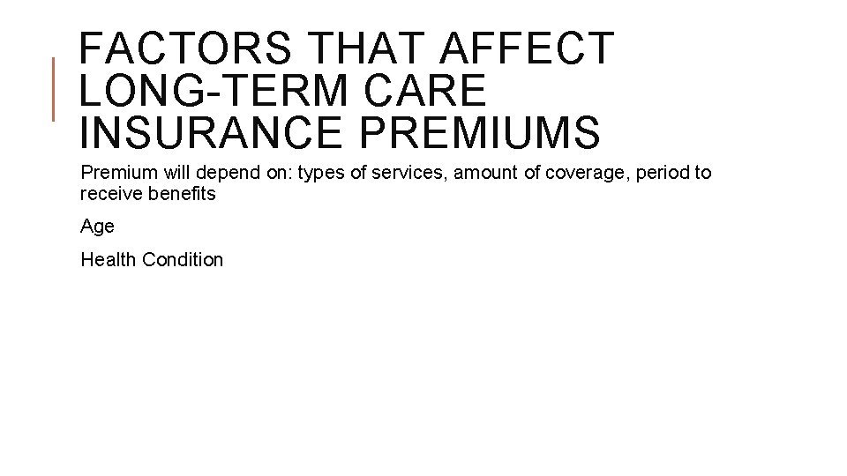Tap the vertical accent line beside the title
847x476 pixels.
click(x=54, y=88)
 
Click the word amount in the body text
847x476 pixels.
click(x=486, y=173)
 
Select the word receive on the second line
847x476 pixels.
click(x=109, y=194)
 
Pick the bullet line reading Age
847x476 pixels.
click(x=97, y=227)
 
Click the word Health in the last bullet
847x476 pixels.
click(x=108, y=259)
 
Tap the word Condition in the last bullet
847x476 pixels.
click(x=183, y=259)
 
